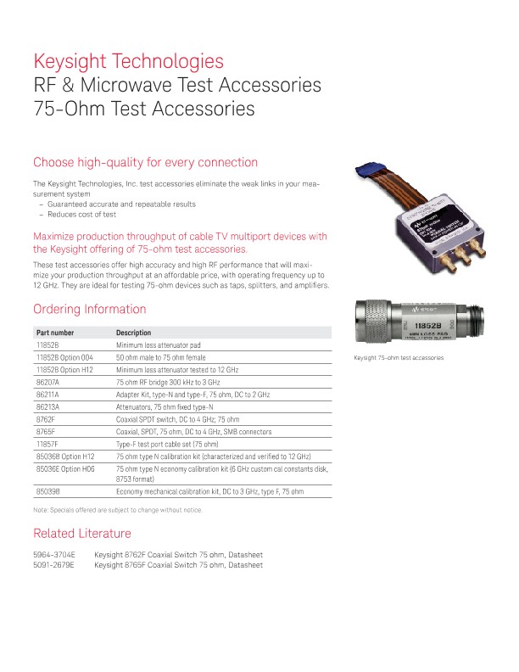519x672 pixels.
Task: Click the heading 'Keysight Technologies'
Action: pos(128,61)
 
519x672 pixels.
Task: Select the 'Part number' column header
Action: pos(55,333)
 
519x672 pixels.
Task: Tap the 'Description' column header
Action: pos(133,333)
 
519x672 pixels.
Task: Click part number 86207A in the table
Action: pos(47,383)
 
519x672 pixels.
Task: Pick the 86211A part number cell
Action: pos(47,395)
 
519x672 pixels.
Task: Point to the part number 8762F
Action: pos(46,419)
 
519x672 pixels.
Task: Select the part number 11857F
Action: pos(47,444)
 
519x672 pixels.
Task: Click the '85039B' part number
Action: pos(47,491)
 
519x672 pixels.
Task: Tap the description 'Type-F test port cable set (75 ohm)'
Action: pos(167,444)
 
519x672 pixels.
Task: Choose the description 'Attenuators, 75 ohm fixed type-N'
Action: pos(165,406)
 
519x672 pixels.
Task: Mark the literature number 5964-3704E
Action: pos(54,554)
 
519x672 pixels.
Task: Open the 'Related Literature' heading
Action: pos(82,534)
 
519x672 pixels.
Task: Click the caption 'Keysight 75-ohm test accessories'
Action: pos(399,357)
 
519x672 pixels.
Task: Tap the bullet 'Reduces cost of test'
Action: pos(82,215)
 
